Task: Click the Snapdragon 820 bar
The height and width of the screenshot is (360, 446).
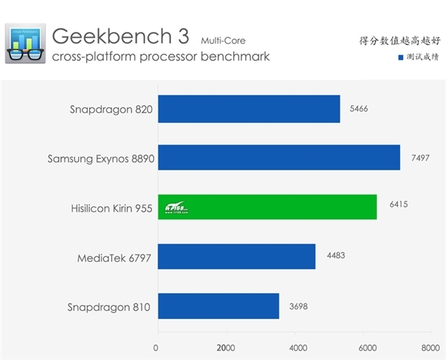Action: [248, 109]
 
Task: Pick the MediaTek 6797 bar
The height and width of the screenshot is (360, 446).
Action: [236, 256]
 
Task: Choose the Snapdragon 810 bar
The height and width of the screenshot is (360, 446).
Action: [217, 306]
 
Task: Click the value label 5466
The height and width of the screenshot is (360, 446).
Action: [358, 109]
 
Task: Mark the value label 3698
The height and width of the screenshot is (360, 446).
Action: [299, 306]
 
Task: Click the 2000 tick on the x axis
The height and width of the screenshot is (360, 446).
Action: [225, 347]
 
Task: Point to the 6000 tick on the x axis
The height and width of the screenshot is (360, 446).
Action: [366, 347]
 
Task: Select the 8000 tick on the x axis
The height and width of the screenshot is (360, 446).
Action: [430, 347]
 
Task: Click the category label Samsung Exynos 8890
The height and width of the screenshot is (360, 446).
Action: [100, 158]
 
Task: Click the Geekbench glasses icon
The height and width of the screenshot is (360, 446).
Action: [25, 45]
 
